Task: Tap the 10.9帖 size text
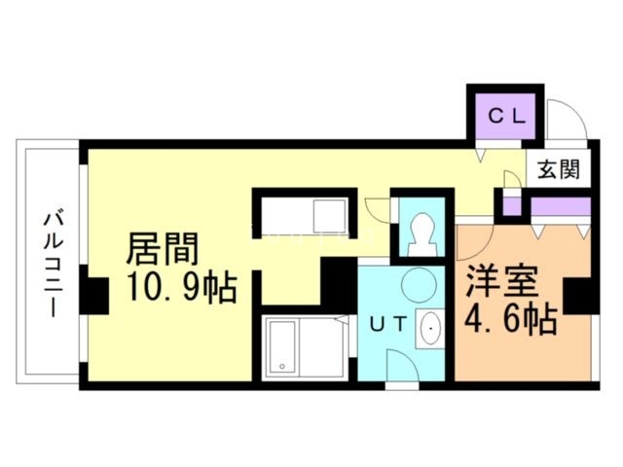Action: click(181, 289)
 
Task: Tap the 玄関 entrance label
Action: click(558, 168)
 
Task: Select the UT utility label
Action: click(386, 327)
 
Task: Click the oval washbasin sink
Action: click(428, 331)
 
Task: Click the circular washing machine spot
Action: click(420, 285)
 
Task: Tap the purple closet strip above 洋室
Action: click(559, 207)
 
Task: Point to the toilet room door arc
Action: click(377, 210)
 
